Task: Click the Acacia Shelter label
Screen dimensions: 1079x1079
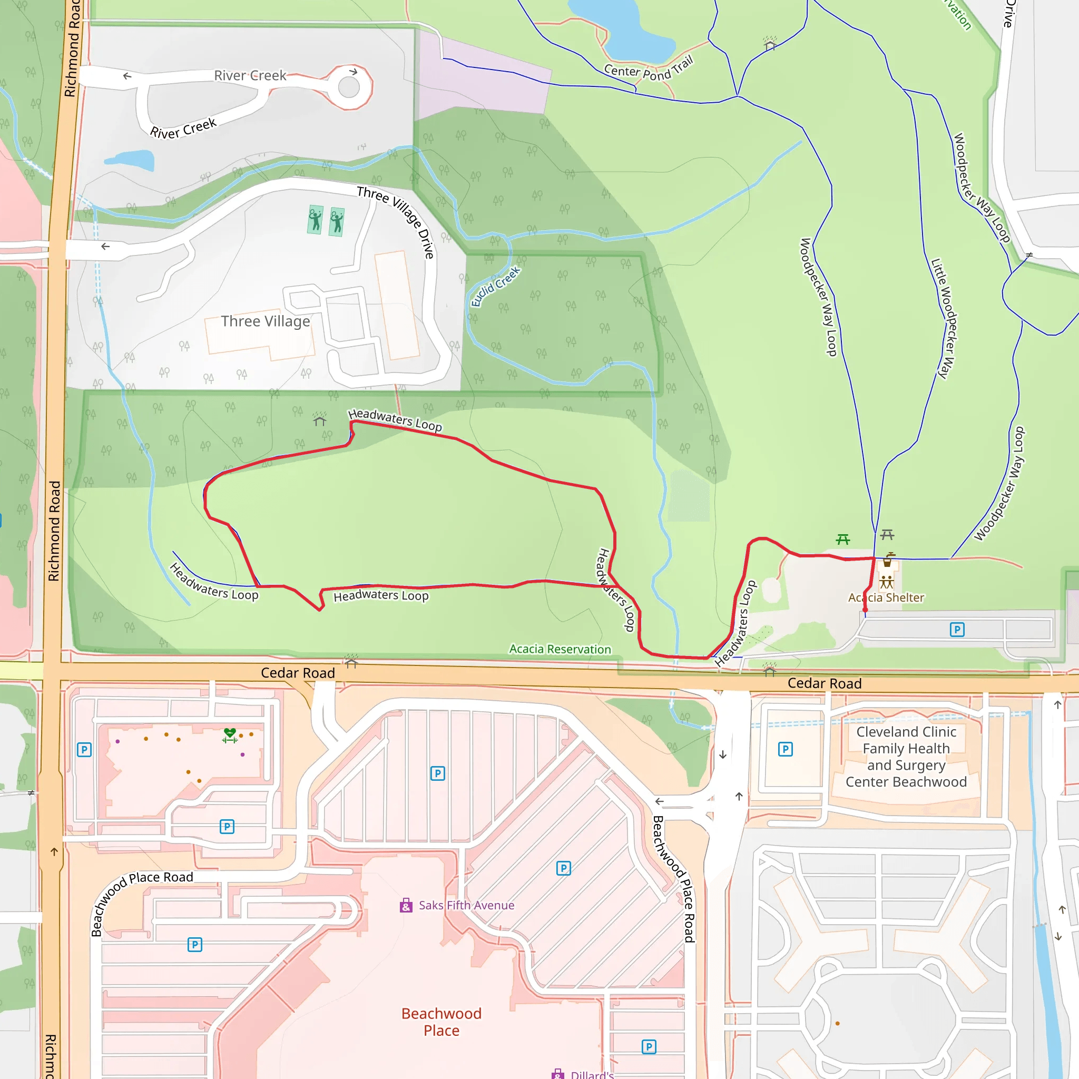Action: point(886,597)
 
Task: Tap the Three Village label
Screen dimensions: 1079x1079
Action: point(266,321)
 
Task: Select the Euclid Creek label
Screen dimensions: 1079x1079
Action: point(495,286)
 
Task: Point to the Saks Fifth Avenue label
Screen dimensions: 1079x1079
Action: point(466,905)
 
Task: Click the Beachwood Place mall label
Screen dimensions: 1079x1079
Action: point(441,1022)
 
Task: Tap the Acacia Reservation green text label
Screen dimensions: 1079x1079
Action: point(560,649)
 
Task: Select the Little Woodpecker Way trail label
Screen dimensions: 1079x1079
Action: point(944,318)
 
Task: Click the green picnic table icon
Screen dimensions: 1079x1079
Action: point(843,539)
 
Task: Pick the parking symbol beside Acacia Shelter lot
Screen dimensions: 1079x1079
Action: point(957,630)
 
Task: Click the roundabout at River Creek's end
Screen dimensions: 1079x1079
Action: point(349,87)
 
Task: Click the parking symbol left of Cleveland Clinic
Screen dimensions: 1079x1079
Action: point(785,749)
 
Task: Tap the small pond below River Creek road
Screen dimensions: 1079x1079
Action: point(131,160)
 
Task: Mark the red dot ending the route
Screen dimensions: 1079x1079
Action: point(865,610)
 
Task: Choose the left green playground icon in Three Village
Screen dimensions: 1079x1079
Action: point(315,220)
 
